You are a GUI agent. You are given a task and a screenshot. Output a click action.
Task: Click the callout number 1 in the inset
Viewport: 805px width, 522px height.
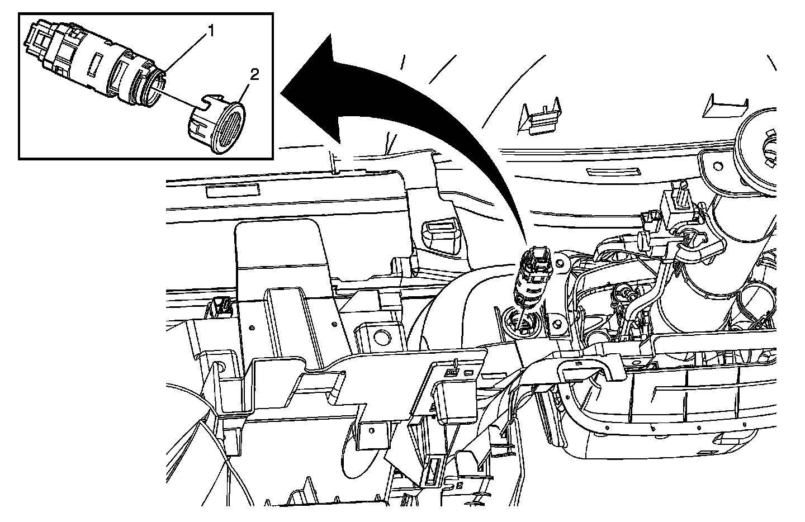pyautogui.click(x=211, y=32)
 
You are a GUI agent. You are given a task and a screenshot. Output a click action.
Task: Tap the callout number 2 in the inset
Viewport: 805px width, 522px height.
pyautogui.click(x=254, y=75)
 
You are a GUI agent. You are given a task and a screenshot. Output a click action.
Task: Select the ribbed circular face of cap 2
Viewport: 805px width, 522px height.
pyautogui.click(x=229, y=129)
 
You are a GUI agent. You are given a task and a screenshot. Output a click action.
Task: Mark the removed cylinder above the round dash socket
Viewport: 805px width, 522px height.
pyautogui.click(x=533, y=277)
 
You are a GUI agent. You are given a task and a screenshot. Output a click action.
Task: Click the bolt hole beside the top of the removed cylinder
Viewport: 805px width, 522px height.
pyautogui.click(x=559, y=263)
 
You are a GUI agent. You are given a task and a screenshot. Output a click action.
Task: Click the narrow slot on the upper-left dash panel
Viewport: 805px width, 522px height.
pyautogui.click(x=233, y=191)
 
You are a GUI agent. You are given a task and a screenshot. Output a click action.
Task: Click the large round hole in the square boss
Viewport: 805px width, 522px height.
pyautogui.click(x=382, y=336)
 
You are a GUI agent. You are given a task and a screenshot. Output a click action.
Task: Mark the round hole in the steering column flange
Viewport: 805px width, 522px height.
pyautogui.click(x=718, y=167)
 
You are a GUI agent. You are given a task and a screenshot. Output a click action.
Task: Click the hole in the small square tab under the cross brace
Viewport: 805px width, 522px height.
pyautogui.click(x=372, y=430)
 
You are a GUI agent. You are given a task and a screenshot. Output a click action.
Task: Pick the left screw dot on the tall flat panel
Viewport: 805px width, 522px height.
pyautogui.click(x=252, y=328)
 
